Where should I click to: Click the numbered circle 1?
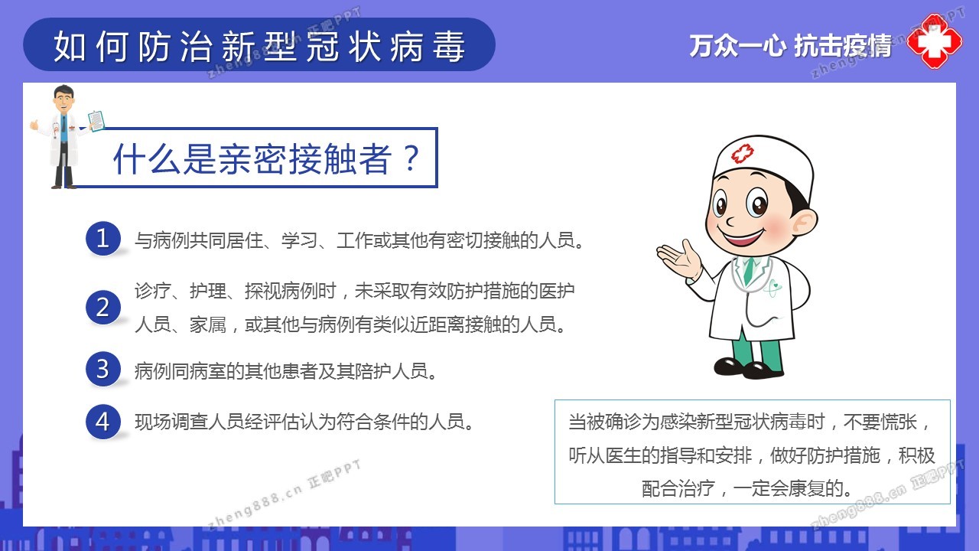pos(102,238)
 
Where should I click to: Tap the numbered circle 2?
pos(102,307)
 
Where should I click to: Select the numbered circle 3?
pos(102,369)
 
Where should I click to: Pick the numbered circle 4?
pos(102,422)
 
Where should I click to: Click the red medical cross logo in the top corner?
pos(935,41)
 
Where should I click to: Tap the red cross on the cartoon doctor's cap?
pos(743,154)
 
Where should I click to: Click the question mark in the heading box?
pos(411,158)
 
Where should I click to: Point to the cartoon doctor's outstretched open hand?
pos(678,259)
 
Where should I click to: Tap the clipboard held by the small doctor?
pos(96,120)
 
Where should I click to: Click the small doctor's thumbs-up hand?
pos(34,125)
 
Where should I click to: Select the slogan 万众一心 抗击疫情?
pos(790,45)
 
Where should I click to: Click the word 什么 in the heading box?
pos(146,158)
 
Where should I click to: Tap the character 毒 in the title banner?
pos(448,47)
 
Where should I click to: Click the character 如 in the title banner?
pos(70,47)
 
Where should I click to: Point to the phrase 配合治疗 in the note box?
pos(678,488)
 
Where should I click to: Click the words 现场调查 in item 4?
pos(171,422)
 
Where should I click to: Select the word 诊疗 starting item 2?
pos(153,291)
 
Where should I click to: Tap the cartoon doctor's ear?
pos(804,222)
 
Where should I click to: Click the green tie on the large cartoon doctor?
pos(749,270)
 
